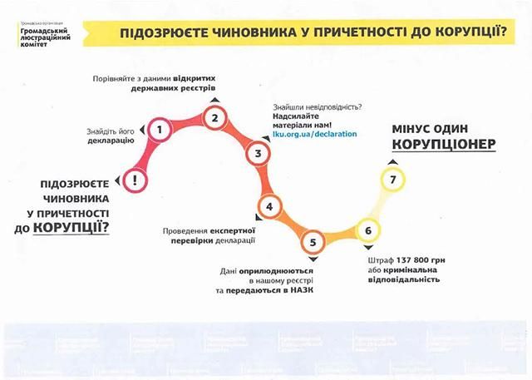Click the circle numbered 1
click(x=159, y=129)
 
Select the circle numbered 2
click(x=214, y=118)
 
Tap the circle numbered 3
click(x=258, y=153)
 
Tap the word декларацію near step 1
click(x=111, y=141)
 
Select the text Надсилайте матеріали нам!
click(x=307, y=120)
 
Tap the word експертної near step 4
click(x=229, y=229)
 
